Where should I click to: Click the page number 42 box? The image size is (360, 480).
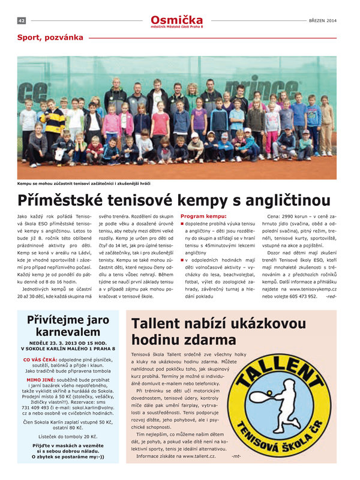pyautogui.click(x=21, y=20)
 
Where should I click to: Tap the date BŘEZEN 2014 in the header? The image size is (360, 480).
pyautogui.click(x=323, y=20)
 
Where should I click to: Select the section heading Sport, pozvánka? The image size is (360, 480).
pyautogui.click(x=50, y=37)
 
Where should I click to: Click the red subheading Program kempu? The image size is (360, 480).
pyautogui.click(x=203, y=216)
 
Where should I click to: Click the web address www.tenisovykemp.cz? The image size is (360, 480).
pyautogui.click(x=314, y=289)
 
